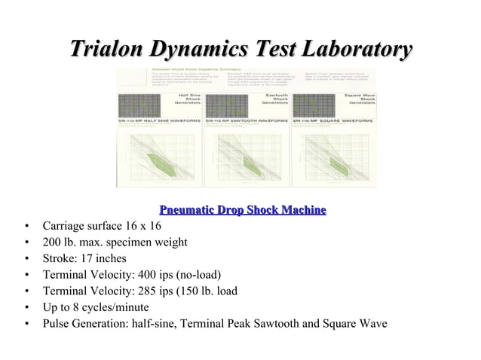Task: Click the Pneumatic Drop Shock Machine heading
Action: [242, 209]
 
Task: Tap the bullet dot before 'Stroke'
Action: [27, 259]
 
